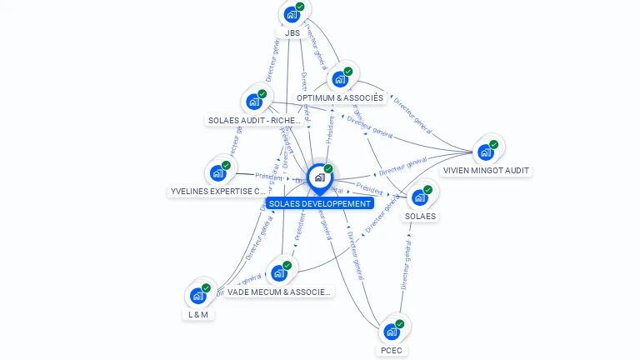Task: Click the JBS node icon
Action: [x=292, y=14]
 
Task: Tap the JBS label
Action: [x=292, y=33]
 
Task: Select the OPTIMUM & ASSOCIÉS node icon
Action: [x=339, y=79]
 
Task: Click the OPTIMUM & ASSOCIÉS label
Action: [x=340, y=98]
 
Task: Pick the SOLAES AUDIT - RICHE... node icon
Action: [x=253, y=102]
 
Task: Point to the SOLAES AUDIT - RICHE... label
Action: [x=254, y=121]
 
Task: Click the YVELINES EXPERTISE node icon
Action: [x=218, y=172]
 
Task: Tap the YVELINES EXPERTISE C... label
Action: [x=218, y=192]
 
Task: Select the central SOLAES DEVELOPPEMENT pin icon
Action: [x=319, y=177]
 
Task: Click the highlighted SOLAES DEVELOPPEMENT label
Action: [x=320, y=203]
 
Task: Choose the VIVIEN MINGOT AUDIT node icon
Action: [x=485, y=152]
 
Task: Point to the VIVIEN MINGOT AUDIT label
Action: [x=486, y=171]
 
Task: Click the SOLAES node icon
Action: [x=419, y=197]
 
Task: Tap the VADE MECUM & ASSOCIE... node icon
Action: [x=278, y=272]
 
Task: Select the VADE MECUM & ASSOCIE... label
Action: [x=279, y=292]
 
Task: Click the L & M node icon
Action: [x=197, y=295]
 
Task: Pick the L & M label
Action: [x=197, y=315]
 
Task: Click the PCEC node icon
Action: [x=391, y=331]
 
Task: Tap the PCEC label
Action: [x=391, y=351]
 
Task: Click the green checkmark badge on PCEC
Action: [x=400, y=323]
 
